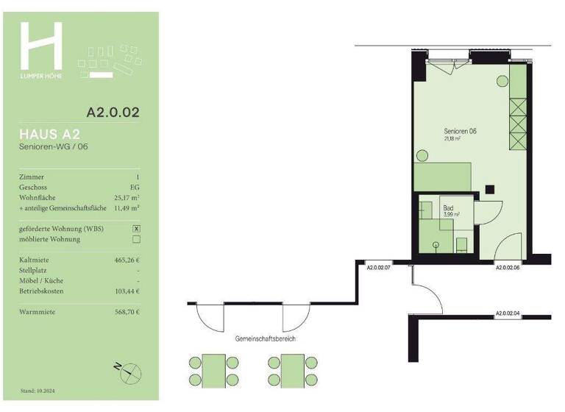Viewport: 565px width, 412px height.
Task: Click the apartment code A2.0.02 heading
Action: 113,113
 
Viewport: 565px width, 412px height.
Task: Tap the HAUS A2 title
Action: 50,134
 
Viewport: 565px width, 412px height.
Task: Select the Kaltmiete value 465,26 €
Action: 122,260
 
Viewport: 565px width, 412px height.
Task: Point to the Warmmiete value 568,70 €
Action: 122,312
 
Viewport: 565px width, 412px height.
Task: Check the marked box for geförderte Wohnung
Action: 135,229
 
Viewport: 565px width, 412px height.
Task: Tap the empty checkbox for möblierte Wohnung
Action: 135,239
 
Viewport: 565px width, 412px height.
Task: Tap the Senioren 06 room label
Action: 461,131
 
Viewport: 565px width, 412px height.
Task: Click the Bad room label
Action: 448,208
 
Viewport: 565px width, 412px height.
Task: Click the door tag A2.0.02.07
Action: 378,269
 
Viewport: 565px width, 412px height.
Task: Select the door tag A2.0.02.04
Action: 508,313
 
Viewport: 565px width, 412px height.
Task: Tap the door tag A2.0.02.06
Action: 508,269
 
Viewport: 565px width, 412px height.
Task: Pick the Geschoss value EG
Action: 135,188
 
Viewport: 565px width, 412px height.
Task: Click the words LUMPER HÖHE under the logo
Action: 41,77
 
